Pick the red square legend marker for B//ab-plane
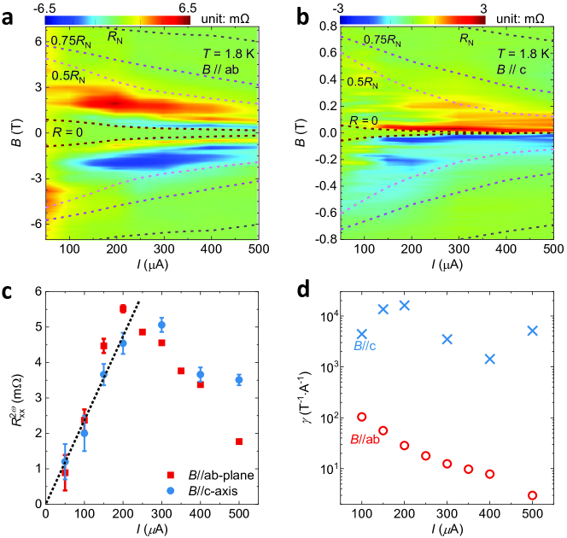click(x=170, y=475)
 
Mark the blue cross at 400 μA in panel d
click(x=489, y=359)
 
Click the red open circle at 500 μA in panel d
click(x=532, y=495)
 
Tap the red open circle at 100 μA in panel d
click(x=361, y=417)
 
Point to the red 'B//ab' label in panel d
click(x=367, y=440)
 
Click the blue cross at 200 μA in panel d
click(x=404, y=305)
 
